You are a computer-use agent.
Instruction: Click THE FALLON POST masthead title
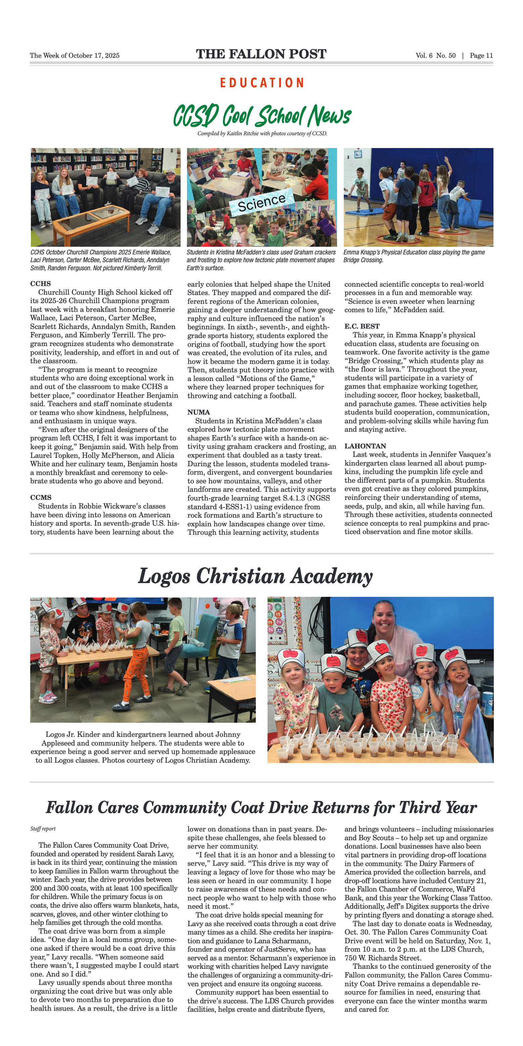click(261, 54)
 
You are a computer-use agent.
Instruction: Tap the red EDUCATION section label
click(262, 83)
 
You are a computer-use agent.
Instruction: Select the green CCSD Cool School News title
click(262, 116)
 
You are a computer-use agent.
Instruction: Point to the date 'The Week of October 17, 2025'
click(75, 56)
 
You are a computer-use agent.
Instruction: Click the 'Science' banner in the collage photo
click(261, 202)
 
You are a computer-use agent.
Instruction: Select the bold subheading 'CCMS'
click(41, 497)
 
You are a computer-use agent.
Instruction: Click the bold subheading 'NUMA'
click(199, 412)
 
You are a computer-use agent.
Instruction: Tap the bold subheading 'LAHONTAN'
click(365, 446)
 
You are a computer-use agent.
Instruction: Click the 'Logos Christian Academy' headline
click(255, 576)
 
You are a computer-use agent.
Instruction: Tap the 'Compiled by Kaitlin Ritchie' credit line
click(262, 134)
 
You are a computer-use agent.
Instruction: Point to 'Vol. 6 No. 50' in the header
click(435, 56)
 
